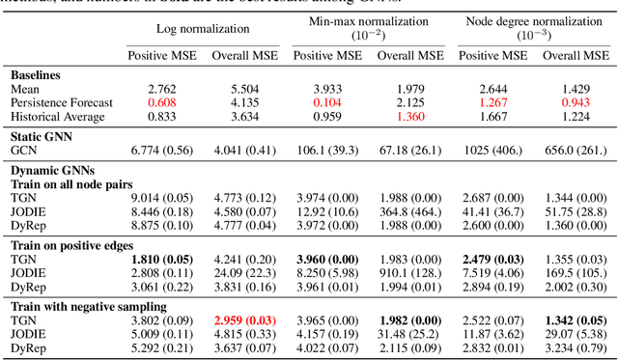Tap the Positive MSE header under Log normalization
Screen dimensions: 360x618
tap(162, 54)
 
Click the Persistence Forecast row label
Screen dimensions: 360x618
tap(62, 101)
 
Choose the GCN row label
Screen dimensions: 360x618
tap(25, 151)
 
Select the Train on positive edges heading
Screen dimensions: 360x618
tap(73, 245)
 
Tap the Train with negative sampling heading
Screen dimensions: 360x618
tap(88, 307)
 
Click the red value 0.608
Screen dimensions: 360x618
tap(162, 101)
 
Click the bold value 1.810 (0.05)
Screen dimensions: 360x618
tap(162, 260)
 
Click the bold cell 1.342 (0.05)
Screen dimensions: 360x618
tap(576, 321)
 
